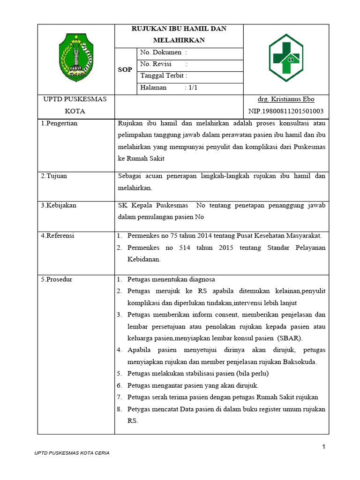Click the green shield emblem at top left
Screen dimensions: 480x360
click(76, 58)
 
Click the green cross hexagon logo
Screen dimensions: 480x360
click(285, 58)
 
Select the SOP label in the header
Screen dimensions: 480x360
click(125, 69)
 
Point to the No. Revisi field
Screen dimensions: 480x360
click(164, 64)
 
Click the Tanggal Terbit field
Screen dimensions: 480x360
click(164, 76)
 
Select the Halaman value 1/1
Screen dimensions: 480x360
click(192, 88)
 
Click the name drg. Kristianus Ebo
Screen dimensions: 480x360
click(286, 99)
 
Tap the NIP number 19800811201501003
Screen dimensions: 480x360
click(285, 111)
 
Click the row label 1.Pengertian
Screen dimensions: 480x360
click(59, 123)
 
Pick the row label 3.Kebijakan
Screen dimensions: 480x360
click(58, 205)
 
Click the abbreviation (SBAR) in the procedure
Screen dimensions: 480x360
click(290, 338)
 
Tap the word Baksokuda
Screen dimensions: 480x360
click(297, 361)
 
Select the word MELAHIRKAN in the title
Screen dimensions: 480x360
click(179, 40)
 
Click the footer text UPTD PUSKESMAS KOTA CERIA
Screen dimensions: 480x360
click(72, 453)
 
